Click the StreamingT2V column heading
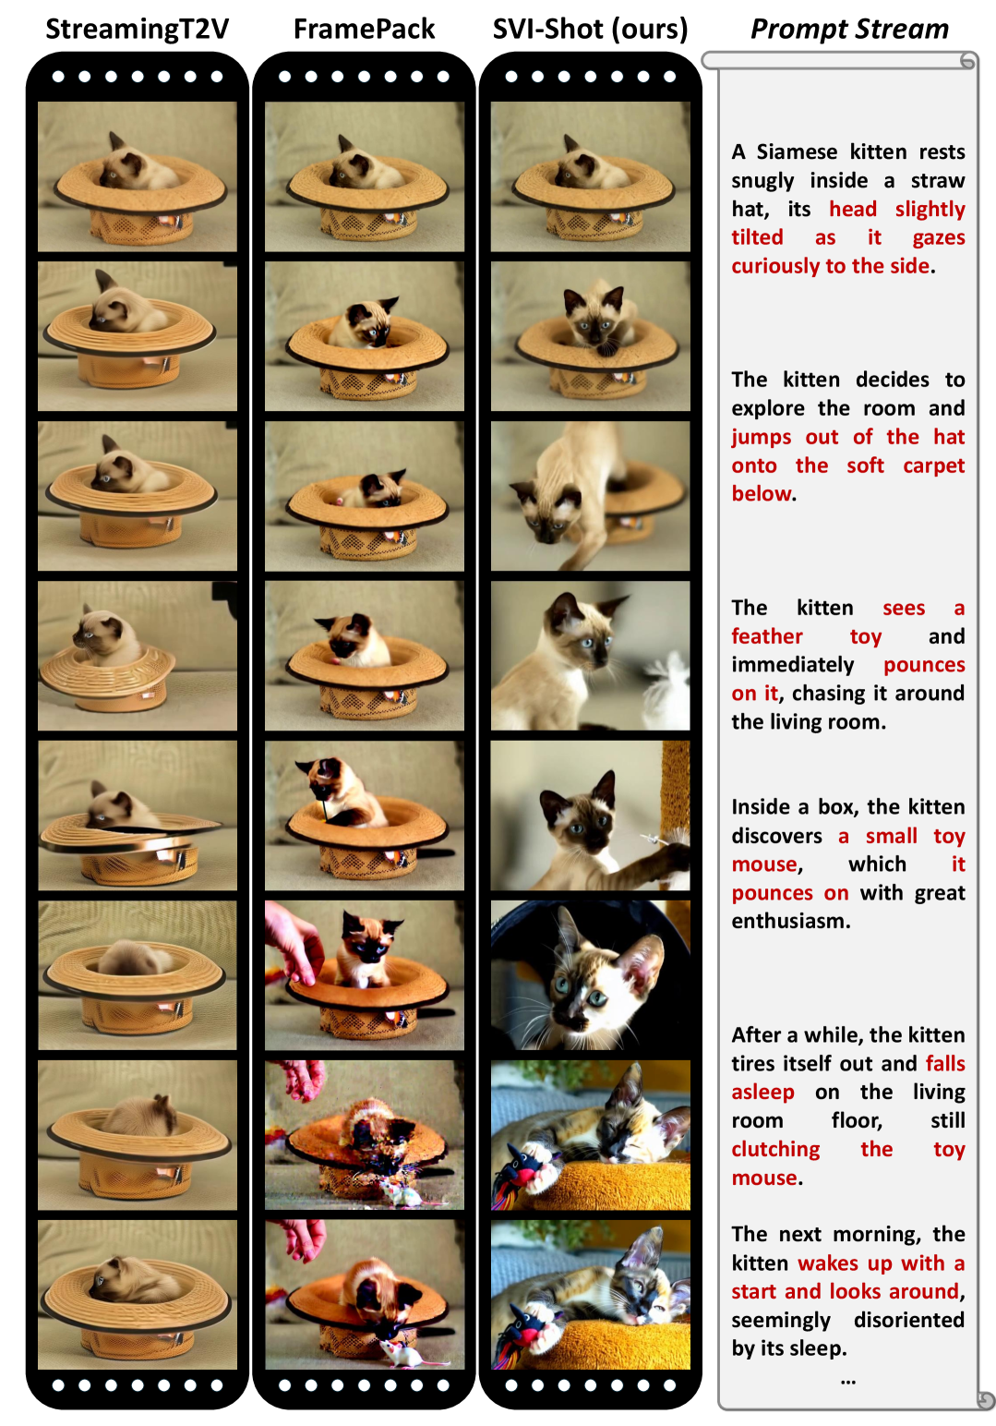137,30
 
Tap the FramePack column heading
364,30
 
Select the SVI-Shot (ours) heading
591,30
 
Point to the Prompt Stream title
849,30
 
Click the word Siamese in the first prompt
796,151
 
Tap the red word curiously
775,266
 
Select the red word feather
767,636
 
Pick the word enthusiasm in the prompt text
790,921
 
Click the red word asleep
762,1092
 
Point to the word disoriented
909,1320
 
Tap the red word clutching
775,1149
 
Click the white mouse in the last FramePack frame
406,1352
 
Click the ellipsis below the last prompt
847,1382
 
